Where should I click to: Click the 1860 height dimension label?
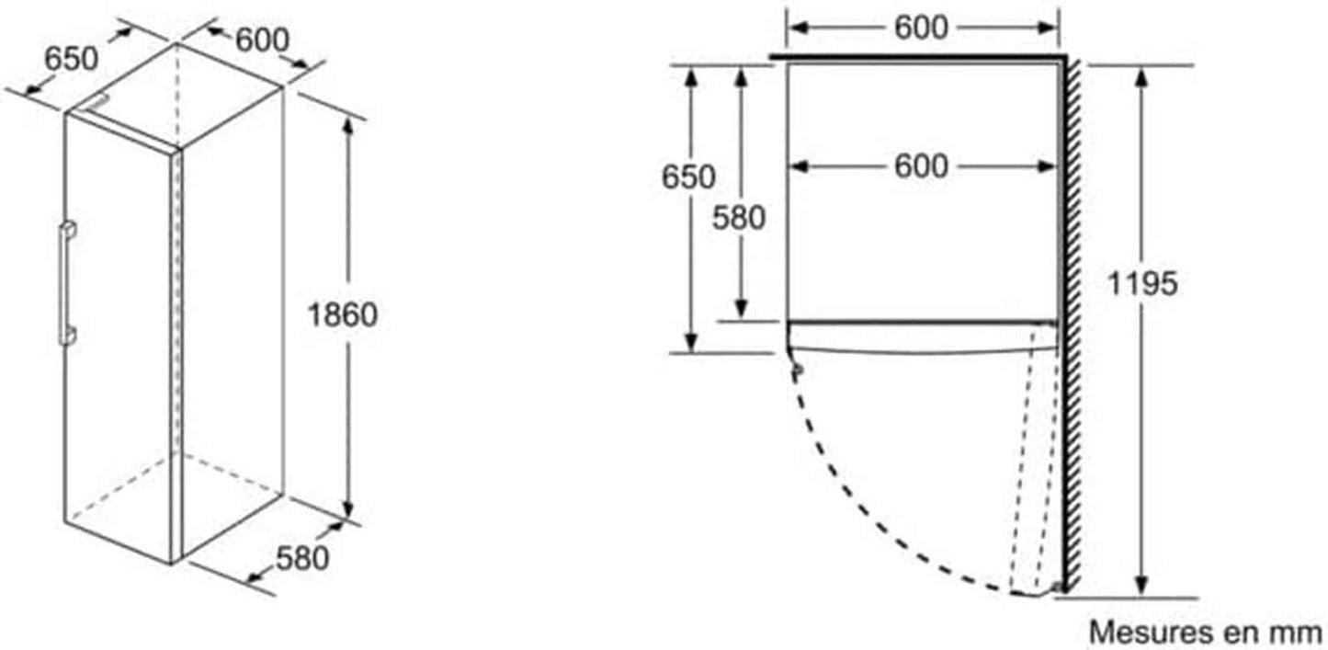343,314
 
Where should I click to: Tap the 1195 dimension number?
1141,283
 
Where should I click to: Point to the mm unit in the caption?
1299,633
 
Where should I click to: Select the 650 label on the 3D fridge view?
71,60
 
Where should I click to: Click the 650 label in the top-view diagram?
688,177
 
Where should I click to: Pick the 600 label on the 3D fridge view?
262,40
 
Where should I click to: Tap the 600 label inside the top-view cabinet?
921,166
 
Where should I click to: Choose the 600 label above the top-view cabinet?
921,28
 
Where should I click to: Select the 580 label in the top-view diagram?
739,218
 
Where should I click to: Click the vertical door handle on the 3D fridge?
64,283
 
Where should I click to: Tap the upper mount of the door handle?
68,229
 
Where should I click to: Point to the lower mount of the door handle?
68,336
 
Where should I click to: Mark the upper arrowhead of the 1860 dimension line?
347,127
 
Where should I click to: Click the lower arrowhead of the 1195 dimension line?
1143,586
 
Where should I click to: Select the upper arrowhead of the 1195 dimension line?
1143,77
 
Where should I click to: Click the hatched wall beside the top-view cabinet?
1072,325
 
